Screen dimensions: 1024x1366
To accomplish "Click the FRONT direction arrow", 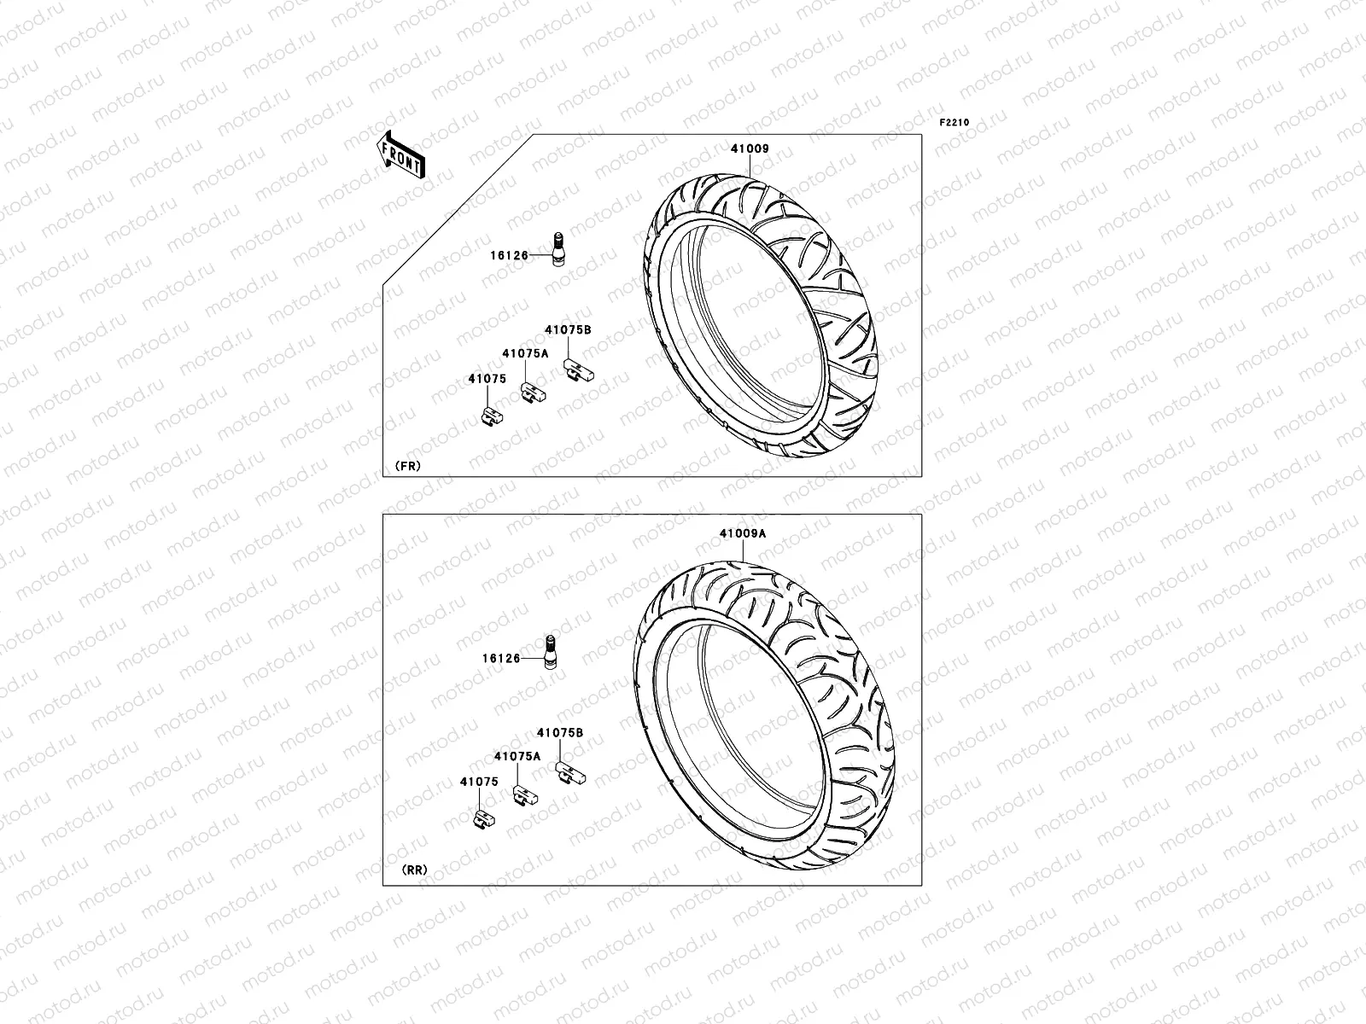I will point(400,154).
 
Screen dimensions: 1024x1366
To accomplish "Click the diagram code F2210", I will point(954,123).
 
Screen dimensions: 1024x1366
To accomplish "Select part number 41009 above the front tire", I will point(749,148).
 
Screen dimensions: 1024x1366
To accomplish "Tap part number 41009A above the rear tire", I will point(742,533).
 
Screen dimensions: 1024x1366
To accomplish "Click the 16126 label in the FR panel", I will point(509,255).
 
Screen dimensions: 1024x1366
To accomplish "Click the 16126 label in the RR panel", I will point(500,659).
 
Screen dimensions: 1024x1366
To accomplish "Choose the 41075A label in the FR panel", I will point(525,352).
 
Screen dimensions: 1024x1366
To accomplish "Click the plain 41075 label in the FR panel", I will point(487,379).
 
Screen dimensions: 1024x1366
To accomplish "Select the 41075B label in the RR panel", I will point(560,732).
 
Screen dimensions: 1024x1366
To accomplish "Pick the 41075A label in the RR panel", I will point(517,756).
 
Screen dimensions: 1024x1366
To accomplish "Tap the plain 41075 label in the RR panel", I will point(478,782).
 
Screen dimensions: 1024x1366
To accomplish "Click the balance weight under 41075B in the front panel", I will point(578,372).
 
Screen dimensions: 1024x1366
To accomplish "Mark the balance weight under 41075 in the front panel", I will point(493,416).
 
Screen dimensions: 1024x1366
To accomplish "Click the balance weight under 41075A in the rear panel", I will point(524,795).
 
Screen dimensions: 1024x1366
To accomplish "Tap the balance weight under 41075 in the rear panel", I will point(483,820).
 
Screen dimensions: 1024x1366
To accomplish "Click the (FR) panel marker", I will point(407,466).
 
